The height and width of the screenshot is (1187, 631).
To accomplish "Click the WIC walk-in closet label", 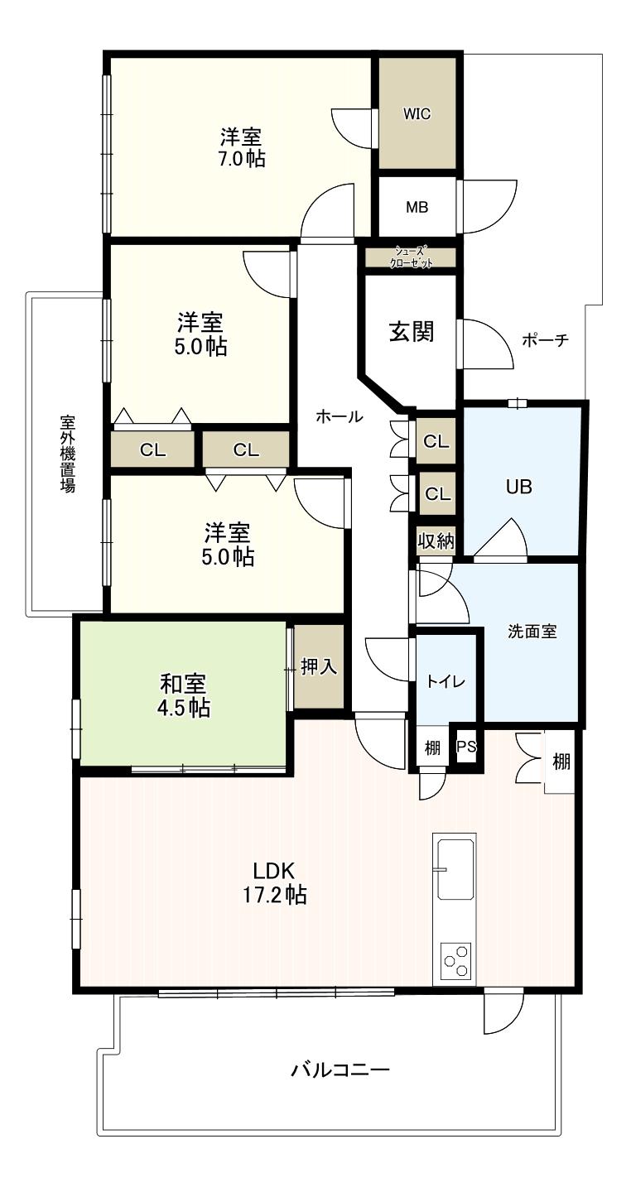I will click(417, 114).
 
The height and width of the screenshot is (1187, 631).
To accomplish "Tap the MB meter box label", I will click(417, 207).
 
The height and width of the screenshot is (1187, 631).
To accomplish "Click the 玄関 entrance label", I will click(412, 333).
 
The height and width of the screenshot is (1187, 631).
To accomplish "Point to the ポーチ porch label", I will click(545, 340).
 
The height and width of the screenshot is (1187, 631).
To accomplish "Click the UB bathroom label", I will click(519, 487).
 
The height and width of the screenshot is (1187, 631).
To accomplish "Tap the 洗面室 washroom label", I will click(532, 632).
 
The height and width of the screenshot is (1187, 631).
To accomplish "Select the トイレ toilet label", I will click(446, 681).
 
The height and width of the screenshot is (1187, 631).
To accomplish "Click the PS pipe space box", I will click(466, 747).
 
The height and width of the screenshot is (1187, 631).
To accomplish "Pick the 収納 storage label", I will click(435, 541).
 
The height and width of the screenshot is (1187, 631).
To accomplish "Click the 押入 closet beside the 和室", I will click(319, 667).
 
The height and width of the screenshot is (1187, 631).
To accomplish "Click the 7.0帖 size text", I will click(241, 159).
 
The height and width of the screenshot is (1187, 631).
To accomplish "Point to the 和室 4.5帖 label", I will click(184, 696).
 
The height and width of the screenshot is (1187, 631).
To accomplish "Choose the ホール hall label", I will click(340, 417).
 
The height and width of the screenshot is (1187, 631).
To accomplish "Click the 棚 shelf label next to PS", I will click(432, 747).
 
